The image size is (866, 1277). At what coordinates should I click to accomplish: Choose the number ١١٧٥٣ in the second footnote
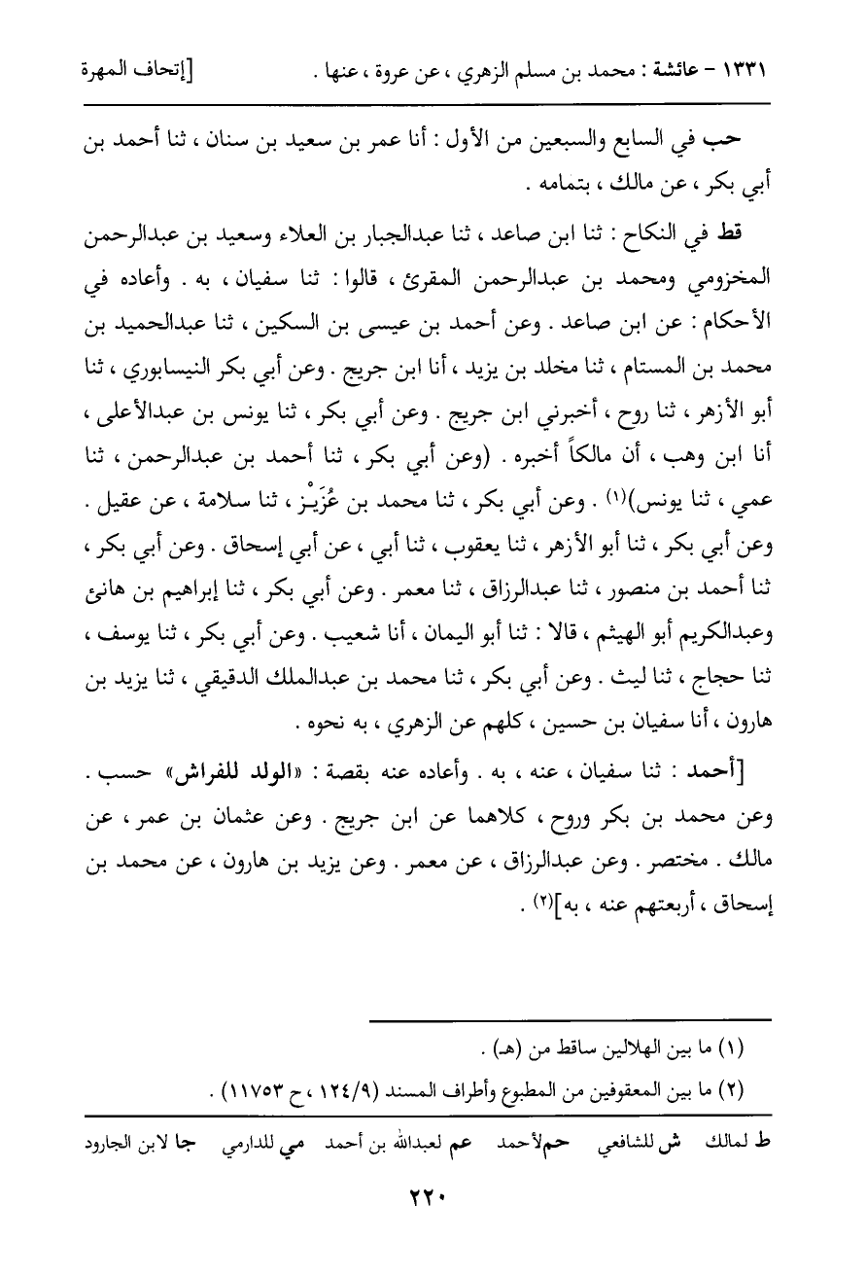click(278, 1088)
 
